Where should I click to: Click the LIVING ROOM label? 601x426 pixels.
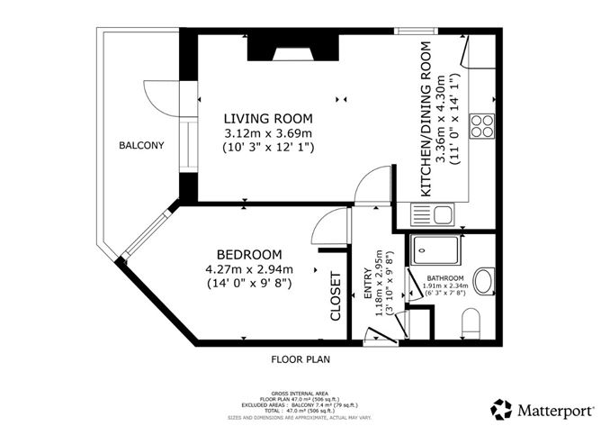(267, 118)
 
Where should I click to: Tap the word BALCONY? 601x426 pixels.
(141, 145)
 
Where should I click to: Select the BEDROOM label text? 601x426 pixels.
(249, 254)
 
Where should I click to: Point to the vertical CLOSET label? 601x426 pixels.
(336, 296)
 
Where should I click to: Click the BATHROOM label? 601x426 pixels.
(445, 278)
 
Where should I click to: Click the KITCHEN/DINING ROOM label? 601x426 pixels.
(426, 118)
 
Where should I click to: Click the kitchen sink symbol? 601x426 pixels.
(432, 215)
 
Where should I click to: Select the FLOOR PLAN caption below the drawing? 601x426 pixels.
(300, 358)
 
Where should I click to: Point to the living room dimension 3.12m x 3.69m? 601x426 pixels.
(267, 132)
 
